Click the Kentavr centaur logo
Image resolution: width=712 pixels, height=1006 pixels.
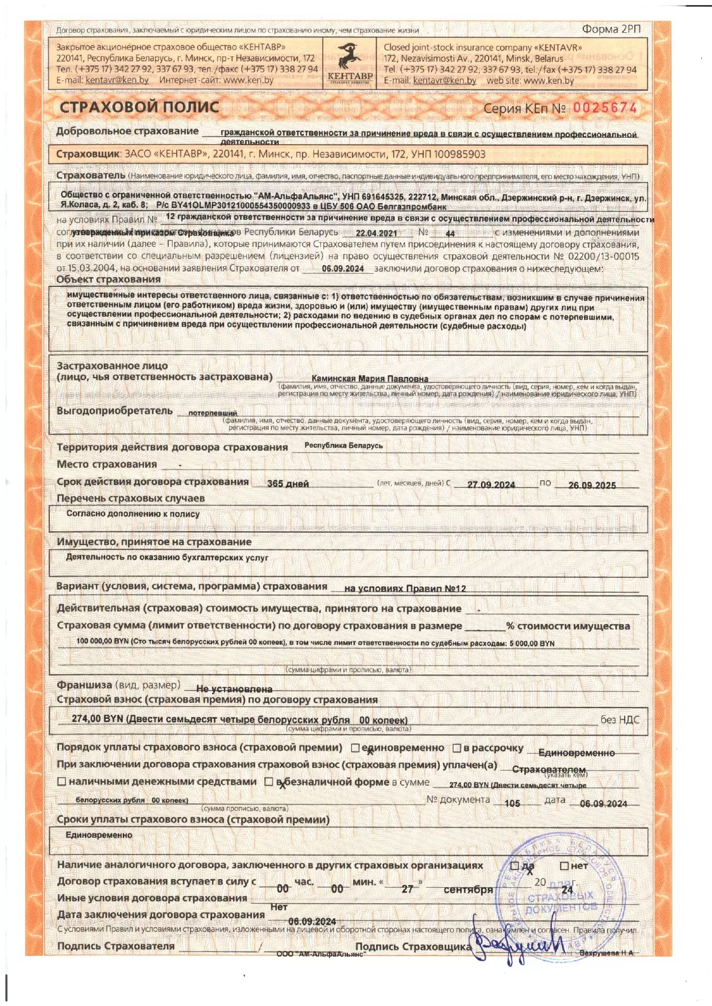click(x=350, y=59)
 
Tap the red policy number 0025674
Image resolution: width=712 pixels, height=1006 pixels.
click(x=605, y=108)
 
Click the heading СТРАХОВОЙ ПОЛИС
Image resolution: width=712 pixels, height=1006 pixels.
click(x=140, y=107)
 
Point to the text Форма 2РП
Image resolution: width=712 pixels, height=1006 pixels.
click(x=611, y=29)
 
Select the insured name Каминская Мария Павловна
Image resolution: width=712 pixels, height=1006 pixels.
click(x=370, y=379)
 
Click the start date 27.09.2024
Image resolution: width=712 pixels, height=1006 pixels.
click(x=491, y=485)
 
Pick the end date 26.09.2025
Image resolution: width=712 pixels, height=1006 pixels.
click(x=592, y=485)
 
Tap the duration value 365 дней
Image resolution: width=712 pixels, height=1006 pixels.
click(x=288, y=484)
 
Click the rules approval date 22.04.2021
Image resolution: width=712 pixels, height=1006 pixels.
click(x=376, y=234)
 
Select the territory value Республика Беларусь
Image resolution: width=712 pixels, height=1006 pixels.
click(x=343, y=445)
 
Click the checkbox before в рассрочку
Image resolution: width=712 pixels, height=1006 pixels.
click(x=457, y=748)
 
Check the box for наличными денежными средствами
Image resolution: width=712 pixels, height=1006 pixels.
click(x=62, y=782)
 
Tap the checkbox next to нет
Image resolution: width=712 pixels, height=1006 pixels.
click(x=564, y=866)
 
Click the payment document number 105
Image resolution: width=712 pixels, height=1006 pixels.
click(x=512, y=803)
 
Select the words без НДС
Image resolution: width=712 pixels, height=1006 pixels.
click(x=620, y=720)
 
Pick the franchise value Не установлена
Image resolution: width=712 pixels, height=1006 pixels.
click(x=234, y=689)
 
